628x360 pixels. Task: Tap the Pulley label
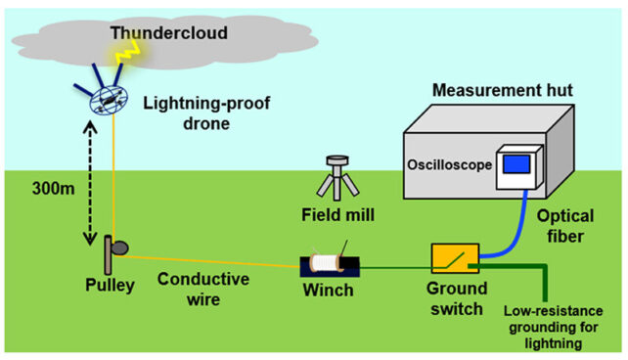tap(108, 286)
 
